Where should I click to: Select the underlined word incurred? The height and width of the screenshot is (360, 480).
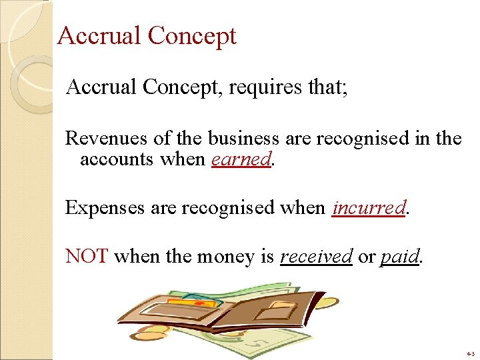[369, 207]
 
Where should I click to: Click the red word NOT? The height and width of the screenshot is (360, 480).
[87, 256]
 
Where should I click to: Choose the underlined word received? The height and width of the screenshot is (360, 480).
[316, 256]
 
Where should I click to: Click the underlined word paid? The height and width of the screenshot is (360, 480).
[399, 256]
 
